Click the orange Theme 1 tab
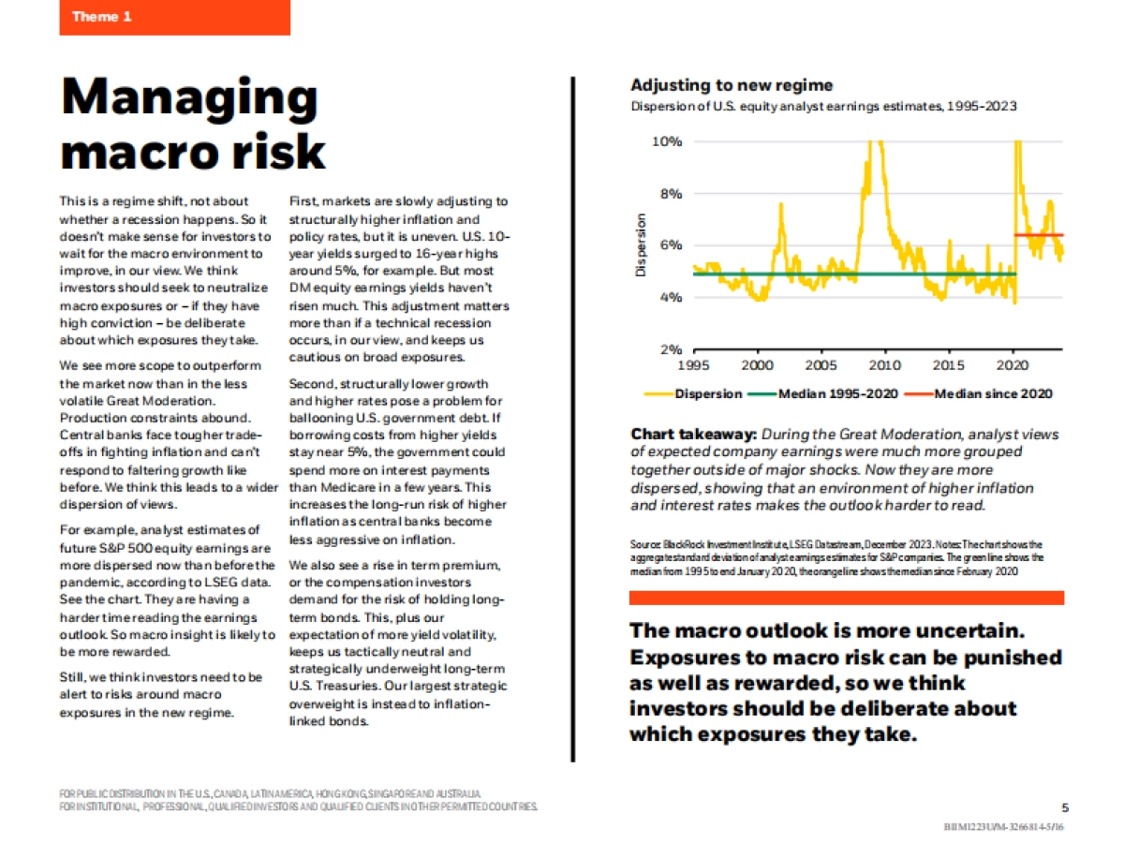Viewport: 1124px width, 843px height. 174,17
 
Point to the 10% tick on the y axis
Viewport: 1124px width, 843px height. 667,141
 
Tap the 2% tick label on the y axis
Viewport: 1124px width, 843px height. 670,349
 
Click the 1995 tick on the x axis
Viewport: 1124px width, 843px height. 693,365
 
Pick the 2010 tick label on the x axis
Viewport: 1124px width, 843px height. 884,365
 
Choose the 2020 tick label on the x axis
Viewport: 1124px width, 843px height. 1013,365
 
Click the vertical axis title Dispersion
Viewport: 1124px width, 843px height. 642,245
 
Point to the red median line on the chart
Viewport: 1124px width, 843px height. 1040,235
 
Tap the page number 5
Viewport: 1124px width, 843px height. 1065,807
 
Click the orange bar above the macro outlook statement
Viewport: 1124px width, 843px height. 847,598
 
